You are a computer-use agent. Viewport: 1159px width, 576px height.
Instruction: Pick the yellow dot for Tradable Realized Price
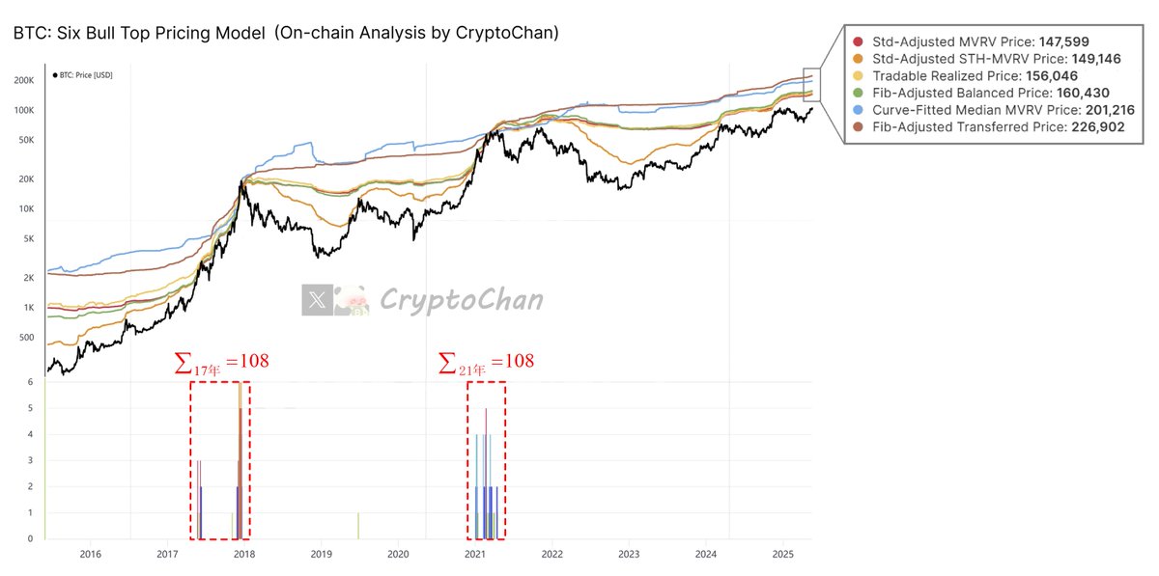coord(859,75)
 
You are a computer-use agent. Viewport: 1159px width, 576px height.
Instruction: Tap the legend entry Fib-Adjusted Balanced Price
coord(975,93)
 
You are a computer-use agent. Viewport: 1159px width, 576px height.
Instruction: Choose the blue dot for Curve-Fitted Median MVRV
coord(859,110)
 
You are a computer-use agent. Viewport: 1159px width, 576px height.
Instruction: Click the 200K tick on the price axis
coord(24,81)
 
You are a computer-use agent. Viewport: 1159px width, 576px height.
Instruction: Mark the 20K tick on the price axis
coord(26,179)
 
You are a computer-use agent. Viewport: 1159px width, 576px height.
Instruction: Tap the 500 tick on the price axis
coord(26,338)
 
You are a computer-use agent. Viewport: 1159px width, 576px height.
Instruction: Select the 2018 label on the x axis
coord(244,554)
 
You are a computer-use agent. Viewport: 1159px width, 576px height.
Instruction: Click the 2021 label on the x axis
coord(475,554)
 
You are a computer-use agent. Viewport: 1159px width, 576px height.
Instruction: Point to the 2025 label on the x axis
coord(783,554)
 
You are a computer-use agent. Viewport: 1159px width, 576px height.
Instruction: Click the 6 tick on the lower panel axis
coord(31,382)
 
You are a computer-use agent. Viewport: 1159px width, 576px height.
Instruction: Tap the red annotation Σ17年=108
coord(221,363)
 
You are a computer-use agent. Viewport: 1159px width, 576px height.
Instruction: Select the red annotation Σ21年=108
coord(486,363)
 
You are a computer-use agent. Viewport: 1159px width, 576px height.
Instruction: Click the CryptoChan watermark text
coord(461,300)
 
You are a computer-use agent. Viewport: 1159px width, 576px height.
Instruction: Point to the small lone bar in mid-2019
coord(358,526)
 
